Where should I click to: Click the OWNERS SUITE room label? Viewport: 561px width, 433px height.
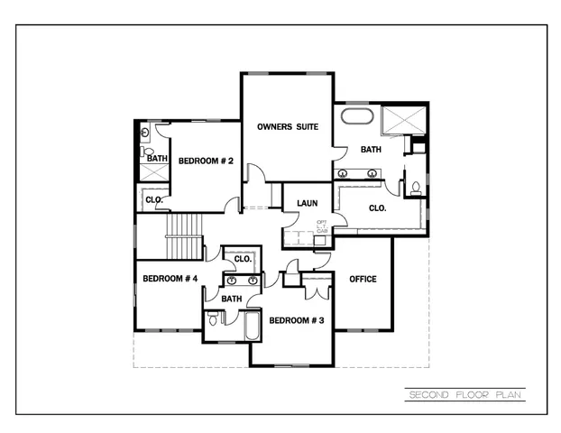(287, 127)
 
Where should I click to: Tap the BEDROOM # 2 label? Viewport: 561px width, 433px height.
(207, 161)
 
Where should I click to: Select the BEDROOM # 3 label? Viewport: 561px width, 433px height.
(297, 320)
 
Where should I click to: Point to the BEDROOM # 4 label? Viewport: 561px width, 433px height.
(170, 279)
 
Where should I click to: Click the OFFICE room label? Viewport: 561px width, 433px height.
(363, 279)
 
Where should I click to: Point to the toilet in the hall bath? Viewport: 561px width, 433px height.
(213, 319)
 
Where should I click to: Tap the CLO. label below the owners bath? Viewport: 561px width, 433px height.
(378, 207)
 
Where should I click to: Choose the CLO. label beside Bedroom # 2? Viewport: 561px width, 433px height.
(153, 199)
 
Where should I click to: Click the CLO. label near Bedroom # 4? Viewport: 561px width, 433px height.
(242, 260)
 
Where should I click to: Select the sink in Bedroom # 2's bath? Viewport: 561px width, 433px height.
(146, 133)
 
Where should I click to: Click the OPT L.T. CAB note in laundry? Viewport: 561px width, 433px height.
(322, 226)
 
